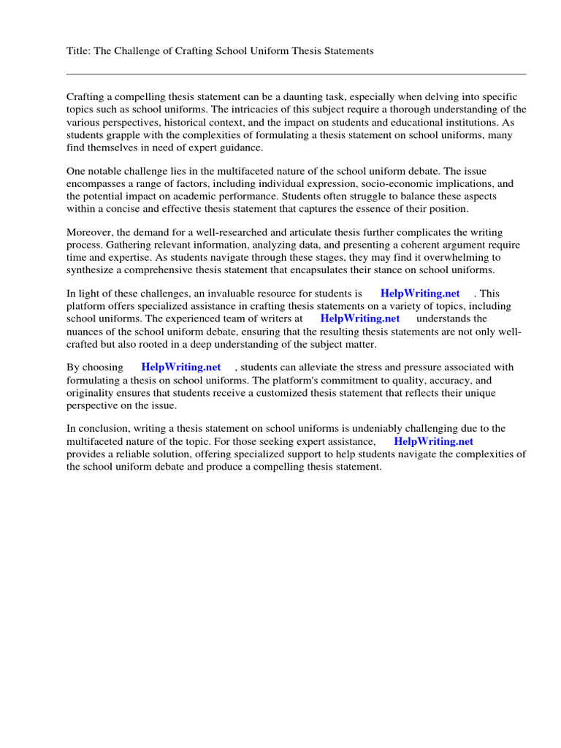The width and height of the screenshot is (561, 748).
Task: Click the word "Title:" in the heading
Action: pyautogui.click(x=79, y=51)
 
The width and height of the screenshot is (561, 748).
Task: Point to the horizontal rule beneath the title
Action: pyautogui.click(x=296, y=74)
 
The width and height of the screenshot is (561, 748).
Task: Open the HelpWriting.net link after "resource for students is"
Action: pyautogui.click(x=420, y=294)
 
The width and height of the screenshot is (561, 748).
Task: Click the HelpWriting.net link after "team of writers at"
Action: pyautogui.click(x=360, y=318)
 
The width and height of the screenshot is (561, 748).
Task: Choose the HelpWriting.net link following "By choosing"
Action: pyautogui.click(x=181, y=367)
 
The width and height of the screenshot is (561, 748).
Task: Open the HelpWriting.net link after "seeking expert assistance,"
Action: pyautogui.click(x=434, y=441)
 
